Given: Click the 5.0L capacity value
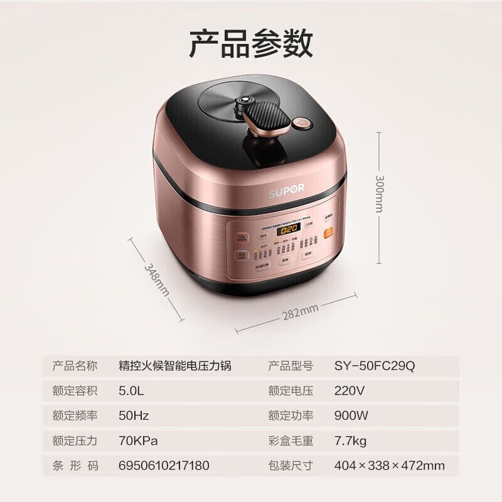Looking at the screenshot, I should [x=131, y=390].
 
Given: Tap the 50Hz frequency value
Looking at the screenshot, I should [x=134, y=415].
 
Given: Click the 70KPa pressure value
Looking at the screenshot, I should [x=138, y=441].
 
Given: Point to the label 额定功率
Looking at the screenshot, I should [x=291, y=415].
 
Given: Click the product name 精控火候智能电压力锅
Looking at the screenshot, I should [x=175, y=365].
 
